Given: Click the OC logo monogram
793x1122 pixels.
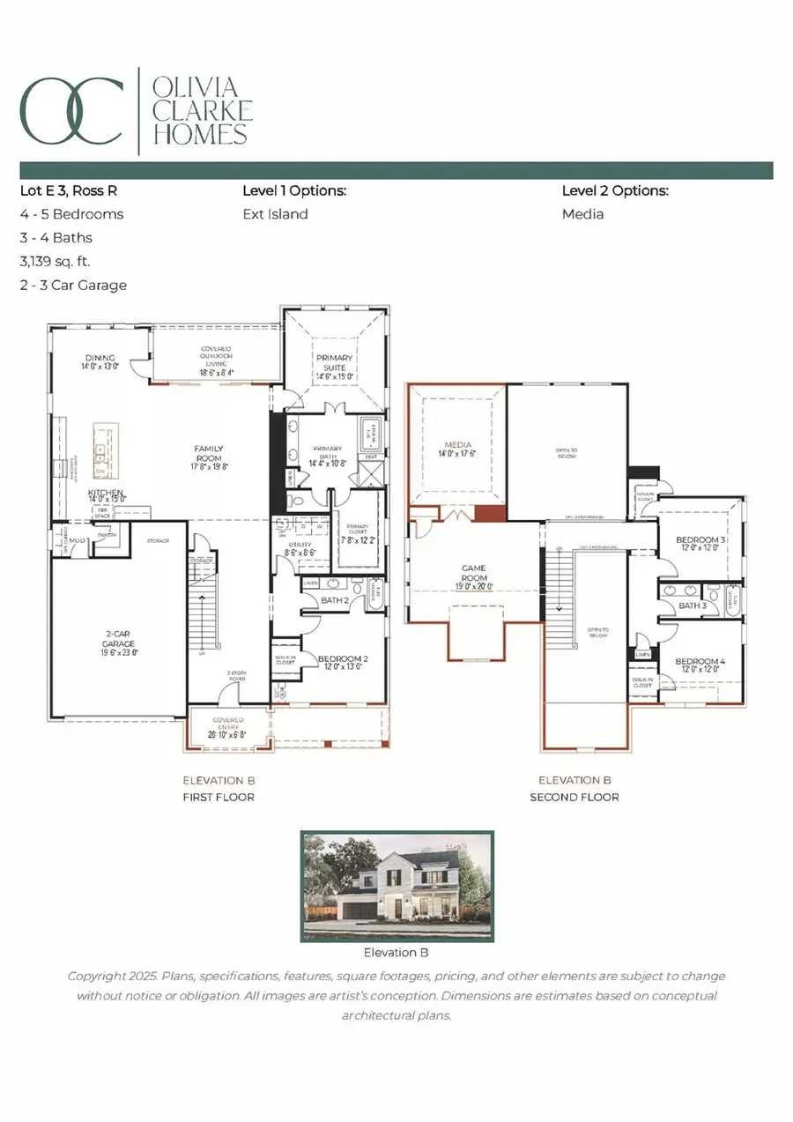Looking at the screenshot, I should point(71,110).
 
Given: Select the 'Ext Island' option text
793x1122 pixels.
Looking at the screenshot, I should point(275,213).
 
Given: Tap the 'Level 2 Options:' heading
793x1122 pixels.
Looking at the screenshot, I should point(615,190).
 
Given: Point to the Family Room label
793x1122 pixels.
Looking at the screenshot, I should point(209,455).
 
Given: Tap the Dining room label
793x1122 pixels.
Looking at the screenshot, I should point(100,362).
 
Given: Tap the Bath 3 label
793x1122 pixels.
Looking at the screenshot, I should point(692,606).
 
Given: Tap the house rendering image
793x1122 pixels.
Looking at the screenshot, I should point(396,885).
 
